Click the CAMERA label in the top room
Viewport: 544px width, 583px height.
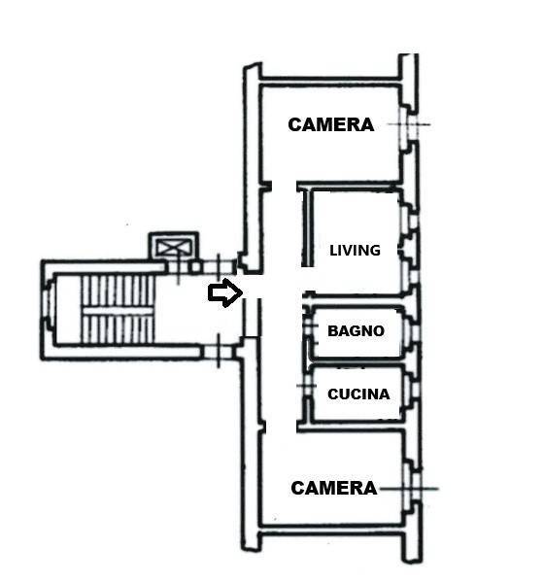click(x=330, y=124)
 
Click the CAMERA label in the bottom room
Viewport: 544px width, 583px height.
click(x=333, y=488)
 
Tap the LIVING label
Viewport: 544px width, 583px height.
click(x=356, y=251)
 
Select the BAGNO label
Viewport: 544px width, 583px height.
click(x=356, y=330)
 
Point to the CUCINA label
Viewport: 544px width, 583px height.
click(x=358, y=394)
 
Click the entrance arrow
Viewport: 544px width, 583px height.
click(x=225, y=292)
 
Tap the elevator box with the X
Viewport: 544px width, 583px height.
click(x=174, y=247)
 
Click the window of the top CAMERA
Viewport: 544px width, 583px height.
click(x=409, y=124)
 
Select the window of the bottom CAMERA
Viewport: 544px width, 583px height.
click(x=413, y=488)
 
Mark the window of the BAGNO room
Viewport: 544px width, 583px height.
click(x=412, y=331)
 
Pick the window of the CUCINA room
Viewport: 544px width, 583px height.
click(x=413, y=389)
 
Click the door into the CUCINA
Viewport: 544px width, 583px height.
click(x=308, y=386)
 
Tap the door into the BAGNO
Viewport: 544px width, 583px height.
click(x=308, y=326)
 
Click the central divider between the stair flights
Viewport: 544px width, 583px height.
click(x=118, y=311)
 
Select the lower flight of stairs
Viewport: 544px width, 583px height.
click(x=118, y=328)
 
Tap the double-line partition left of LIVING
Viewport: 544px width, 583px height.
click(x=307, y=227)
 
